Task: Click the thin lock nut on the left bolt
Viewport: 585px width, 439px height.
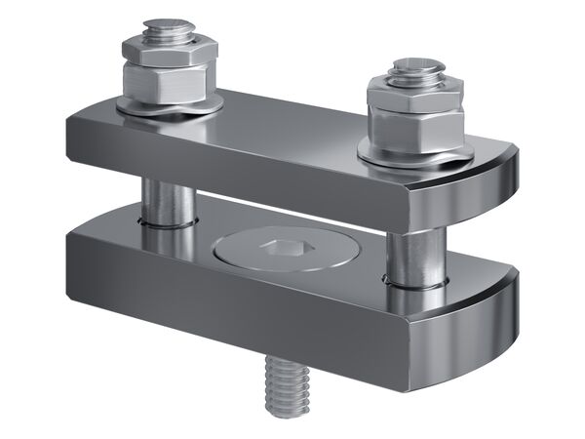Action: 170,49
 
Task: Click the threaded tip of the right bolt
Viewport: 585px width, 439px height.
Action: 419,70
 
